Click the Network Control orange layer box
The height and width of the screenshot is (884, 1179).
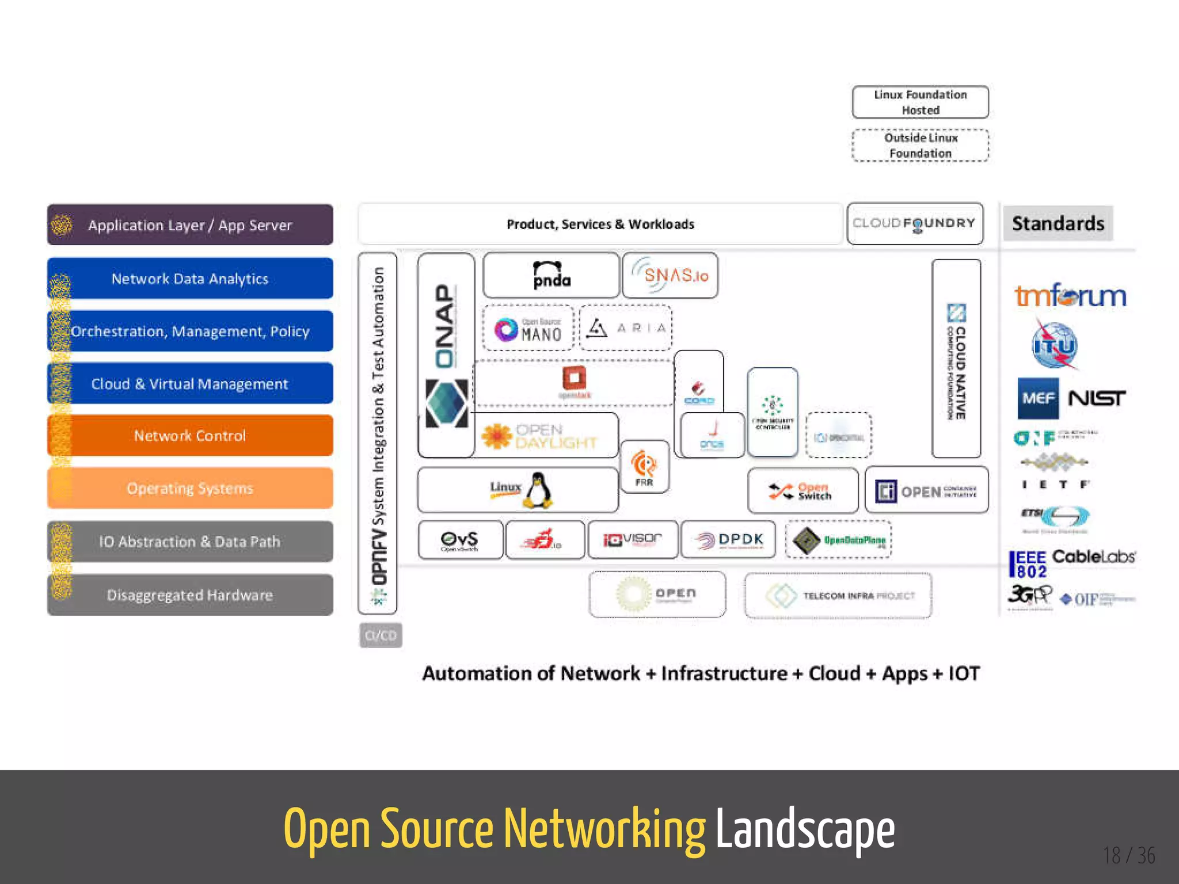tap(190, 436)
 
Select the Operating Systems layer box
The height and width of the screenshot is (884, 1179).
tap(190, 488)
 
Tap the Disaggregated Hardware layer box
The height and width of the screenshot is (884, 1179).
tap(190, 595)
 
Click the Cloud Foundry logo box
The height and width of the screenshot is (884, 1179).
tap(915, 223)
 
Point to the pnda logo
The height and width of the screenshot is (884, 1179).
tap(551, 275)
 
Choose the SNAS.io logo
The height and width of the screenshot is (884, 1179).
tap(670, 275)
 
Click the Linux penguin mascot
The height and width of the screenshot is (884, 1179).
tap(538, 490)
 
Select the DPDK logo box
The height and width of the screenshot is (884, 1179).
tap(728, 540)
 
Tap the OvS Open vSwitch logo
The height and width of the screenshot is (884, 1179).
tap(460, 540)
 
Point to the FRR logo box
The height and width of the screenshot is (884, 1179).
tap(644, 467)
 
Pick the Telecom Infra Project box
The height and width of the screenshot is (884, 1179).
tap(838, 595)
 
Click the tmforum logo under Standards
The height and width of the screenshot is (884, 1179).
tap(1070, 296)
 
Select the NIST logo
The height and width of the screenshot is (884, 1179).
tap(1097, 398)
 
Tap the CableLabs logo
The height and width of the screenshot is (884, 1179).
tap(1093, 557)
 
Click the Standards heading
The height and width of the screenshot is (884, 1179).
tap(1058, 223)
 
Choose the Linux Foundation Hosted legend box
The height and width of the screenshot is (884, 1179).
tap(920, 102)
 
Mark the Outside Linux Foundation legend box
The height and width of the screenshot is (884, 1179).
tap(920, 145)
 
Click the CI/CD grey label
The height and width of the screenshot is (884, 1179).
tap(381, 635)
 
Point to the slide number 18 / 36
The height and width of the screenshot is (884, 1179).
tap(1129, 855)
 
